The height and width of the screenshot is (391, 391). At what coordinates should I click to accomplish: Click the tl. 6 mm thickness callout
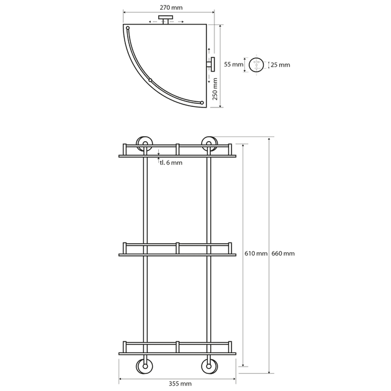pyautogui.click(x=171, y=163)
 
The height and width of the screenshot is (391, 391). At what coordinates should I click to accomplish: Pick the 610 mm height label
pyautogui.click(x=255, y=254)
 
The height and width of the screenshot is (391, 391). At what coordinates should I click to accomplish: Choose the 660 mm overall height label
pyautogui.click(x=283, y=254)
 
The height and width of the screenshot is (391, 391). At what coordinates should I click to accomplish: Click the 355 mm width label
pyautogui.click(x=177, y=383)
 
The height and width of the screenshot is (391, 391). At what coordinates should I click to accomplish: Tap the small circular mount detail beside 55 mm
pyautogui.click(x=257, y=64)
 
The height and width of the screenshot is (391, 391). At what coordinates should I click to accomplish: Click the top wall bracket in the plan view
pyautogui.click(x=165, y=21)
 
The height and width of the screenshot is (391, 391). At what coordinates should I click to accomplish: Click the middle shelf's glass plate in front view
pyautogui.click(x=177, y=254)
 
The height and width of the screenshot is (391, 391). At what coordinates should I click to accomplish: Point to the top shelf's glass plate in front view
pyautogui.click(x=177, y=156)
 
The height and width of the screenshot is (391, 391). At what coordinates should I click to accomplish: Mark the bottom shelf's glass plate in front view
pyautogui.click(x=177, y=353)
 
